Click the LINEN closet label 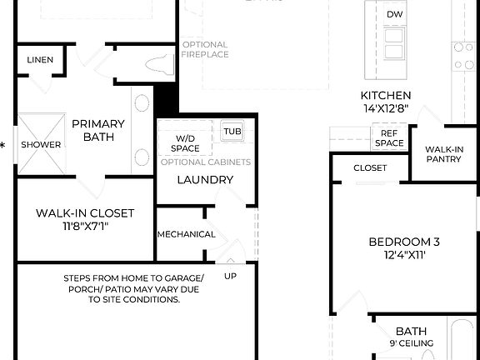pyautogui.click(x=40, y=60)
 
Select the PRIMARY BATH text pyautogui.click(x=98, y=130)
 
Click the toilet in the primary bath pyautogui.click(x=157, y=62)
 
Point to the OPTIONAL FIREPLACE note pyautogui.click(x=205, y=50)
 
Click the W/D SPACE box pyautogui.click(x=186, y=142)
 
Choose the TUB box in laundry pyautogui.click(x=230, y=131)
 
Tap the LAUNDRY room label pyautogui.click(x=205, y=179)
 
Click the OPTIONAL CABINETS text pyautogui.click(x=205, y=162)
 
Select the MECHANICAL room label pyautogui.click(x=186, y=234)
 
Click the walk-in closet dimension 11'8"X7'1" pyautogui.click(x=84, y=226)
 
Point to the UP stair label pyautogui.click(x=231, y=275)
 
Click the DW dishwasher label pyautogui.click(x=395, y=15)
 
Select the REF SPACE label pyautogui.click(x=391, y=137)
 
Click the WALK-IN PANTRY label pyautogui.click(x=443, y=154)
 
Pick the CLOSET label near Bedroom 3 pyautogui.click(x=370, y=167)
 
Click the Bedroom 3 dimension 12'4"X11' pyautogui.click(x=404, y=256)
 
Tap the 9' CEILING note pyautogui.click(x=411, y=343)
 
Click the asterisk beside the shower pyautogui.click(x=3, y=145)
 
